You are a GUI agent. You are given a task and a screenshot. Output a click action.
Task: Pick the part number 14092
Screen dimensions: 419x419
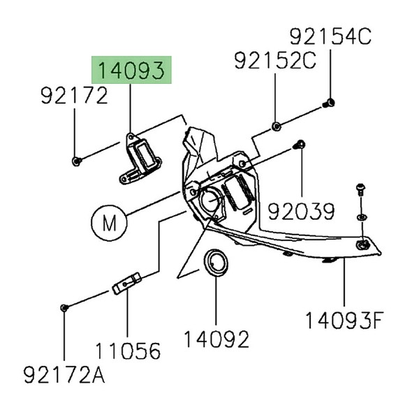pyautogui.click(x=216, y=339)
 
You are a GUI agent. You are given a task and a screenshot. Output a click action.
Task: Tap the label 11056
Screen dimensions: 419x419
pyautogui.click(x=127, y=350)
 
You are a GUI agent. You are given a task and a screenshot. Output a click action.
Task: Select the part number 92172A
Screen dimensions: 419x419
pyautogui.click(x=64, y=377)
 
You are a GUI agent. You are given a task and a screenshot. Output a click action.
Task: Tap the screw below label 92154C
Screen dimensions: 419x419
pyautogui.click(x=327, y=103)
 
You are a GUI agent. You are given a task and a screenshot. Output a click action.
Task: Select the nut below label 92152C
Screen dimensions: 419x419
pyautogui.click(x=276, y=126)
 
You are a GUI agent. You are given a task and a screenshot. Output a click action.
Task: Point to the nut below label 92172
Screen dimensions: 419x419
pyautogui.click(x=75, y=161)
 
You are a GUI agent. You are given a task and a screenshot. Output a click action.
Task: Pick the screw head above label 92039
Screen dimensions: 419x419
pyautogui.click(x=298, y=145)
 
